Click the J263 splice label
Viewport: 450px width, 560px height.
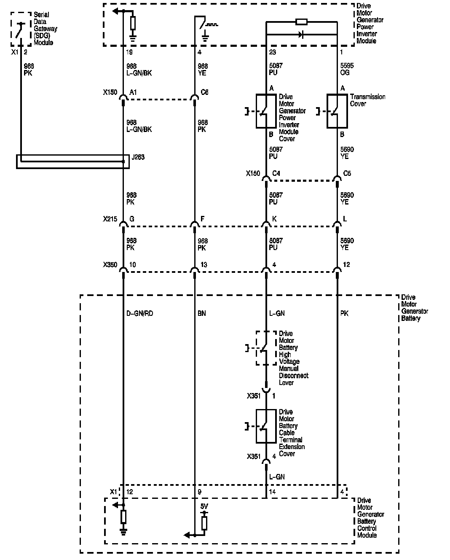click(x=138, y=157)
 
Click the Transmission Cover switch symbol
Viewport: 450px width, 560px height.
click(x=337, y=112)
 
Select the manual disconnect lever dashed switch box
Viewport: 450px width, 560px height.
click(x=266, y=348)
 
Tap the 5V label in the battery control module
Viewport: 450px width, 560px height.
click(x=204, y=506)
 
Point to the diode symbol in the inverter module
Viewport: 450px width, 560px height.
click(x=301, y=35)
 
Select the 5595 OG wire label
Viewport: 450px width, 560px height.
click(x=347, y=69)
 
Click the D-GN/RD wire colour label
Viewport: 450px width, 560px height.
click(x=139, y=314)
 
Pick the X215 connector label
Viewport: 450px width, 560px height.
click(x=110, y=219)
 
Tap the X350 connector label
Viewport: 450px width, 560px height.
click(x=110, y=265)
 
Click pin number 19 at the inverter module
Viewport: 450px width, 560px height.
click(x=129, y=52)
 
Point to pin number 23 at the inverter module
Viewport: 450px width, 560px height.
click(x=273, y=52)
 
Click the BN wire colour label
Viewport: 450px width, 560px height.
click(x=202, y=314)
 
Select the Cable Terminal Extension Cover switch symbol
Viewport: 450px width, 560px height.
click(x=266, y=426)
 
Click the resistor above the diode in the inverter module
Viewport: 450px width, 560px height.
click(x=301, y=22)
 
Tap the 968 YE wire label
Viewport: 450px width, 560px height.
click(x=203, y=69)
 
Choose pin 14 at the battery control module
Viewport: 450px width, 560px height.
click(x=273, y=492)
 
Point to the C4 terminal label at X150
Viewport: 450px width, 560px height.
click(x=276, y=173)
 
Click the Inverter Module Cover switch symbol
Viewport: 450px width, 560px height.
click(x=266, y=112)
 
